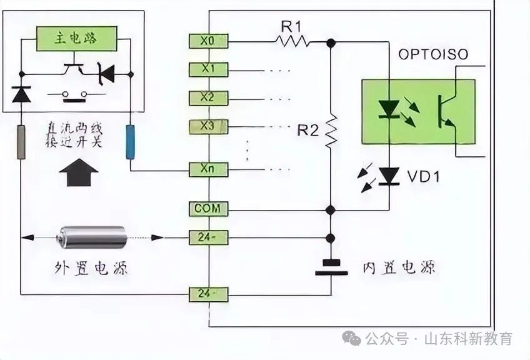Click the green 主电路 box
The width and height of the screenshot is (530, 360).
(76, 39)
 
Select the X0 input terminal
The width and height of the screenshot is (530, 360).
(208, 41)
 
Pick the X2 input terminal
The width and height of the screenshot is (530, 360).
(208, 98)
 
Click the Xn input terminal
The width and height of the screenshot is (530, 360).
(208, 169)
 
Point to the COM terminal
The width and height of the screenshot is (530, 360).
(208, 209)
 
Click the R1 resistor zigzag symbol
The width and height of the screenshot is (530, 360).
(291, 41)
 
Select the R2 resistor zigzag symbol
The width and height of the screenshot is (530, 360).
(331, 131)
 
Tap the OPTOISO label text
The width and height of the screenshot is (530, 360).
(433, 55)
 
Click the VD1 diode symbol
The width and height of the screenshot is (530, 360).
(390, 176)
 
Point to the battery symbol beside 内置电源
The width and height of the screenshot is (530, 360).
(331, 267)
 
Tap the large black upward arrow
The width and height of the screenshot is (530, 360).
(77, 172)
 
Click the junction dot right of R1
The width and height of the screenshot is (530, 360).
(331, 42)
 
